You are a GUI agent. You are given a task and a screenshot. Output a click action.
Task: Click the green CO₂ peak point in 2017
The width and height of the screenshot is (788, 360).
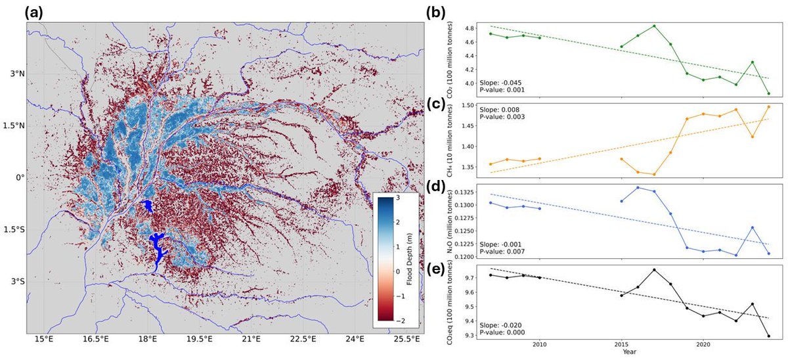click(654, 26)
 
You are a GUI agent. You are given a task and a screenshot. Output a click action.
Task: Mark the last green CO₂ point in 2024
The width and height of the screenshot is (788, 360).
click(768, 93)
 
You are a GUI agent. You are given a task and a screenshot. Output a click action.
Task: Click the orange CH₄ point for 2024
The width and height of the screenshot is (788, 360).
click(768, 106)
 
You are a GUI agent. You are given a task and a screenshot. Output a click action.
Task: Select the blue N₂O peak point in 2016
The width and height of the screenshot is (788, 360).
click(638, 188)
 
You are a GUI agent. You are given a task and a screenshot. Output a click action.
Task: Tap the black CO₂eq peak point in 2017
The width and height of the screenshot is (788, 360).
click(654, 269)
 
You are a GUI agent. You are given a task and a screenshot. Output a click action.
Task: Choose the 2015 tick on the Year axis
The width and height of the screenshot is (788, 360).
click(621, 344)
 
